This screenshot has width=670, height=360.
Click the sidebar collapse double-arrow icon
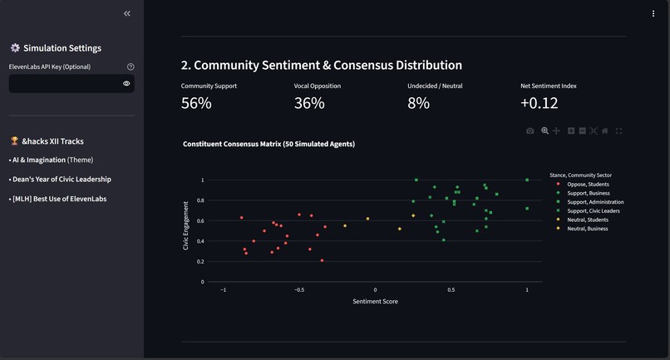coord(127,13)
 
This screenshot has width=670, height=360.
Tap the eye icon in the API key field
coord(126,83)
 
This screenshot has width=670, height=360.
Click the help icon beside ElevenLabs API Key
coord(131,67)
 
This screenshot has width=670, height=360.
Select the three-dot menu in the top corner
coord(653,13)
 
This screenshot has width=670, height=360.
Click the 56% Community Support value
coord(196,103)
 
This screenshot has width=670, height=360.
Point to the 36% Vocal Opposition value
coord(309,103)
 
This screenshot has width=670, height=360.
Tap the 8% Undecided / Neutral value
coord(419,103)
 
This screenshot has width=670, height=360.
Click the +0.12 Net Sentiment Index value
coord(539,103)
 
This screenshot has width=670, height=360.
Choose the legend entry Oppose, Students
coord(588,185)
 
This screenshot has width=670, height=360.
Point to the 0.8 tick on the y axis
coord(200,200)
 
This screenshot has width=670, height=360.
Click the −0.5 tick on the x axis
coord(299,290)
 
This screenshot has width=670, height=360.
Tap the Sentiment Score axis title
coord(375,302)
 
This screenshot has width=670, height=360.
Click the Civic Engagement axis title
coord(185,226)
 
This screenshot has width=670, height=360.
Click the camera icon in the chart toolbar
coord(530,131)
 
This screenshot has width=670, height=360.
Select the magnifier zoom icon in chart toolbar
coord(544,131)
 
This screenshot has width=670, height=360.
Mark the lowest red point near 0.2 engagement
coord(322,260)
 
